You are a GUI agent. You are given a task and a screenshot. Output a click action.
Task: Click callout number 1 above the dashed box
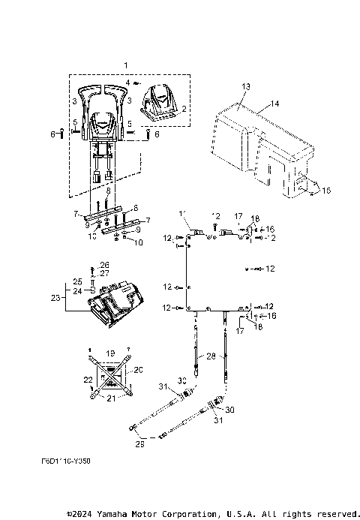(x=126, y=67)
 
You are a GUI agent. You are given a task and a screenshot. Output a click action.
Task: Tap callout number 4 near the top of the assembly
(x=127, y=82)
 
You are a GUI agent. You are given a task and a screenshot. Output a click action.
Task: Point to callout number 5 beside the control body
(x=129, y=124)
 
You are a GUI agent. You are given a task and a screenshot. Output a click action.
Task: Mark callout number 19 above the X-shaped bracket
(x=110, y=352)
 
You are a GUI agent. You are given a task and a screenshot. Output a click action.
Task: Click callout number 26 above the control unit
(x=104, y=265)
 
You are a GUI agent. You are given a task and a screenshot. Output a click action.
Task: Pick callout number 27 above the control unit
(x=104, y=274)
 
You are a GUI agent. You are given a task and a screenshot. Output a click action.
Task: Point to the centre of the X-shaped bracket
(x=110, y=372)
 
